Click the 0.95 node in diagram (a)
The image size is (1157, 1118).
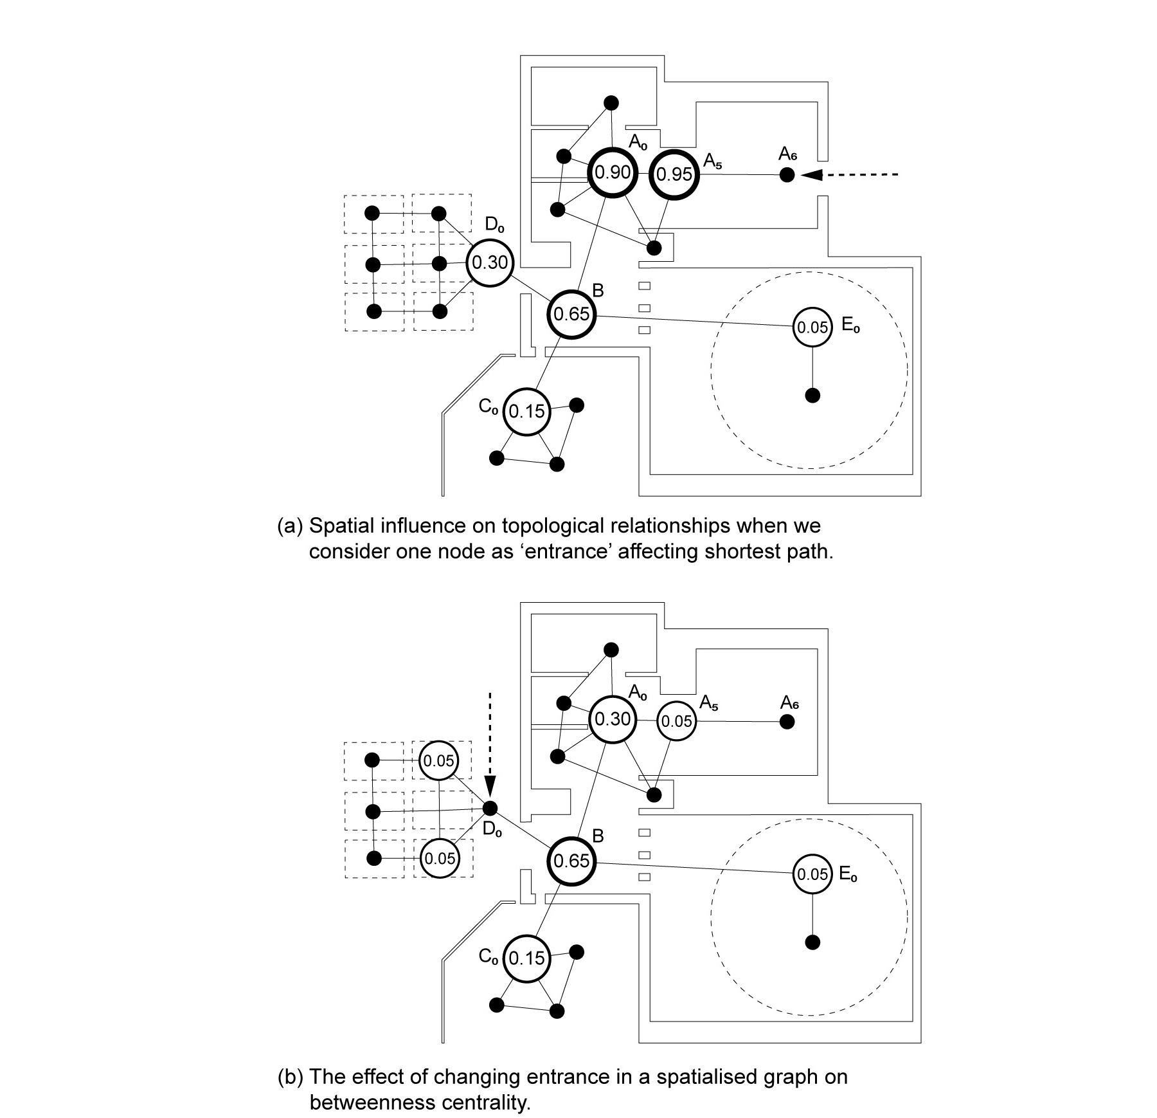click(674, 174)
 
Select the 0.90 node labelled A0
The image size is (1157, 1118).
click(612, 172)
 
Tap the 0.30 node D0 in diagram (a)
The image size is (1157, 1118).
click(490, 262)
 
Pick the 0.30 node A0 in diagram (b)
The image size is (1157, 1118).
click(612, 719)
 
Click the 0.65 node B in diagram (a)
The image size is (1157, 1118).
click(571, 314)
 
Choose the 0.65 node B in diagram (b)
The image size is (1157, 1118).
click(571, 861)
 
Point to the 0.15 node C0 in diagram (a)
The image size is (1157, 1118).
click(526, 411)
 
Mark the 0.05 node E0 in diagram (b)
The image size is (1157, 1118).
click(812, 874)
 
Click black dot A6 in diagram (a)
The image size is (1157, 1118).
click(787, 174)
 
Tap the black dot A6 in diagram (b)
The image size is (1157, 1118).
click(787, 722)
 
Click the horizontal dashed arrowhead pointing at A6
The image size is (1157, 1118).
click(811, 174)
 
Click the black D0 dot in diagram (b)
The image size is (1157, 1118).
click(490, 808)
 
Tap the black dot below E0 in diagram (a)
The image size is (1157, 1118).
click(812, 395)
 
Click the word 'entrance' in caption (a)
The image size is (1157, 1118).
click(562, 552)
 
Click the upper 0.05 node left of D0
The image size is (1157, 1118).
click(439, 761)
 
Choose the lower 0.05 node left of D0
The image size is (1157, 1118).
click(440, 858)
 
